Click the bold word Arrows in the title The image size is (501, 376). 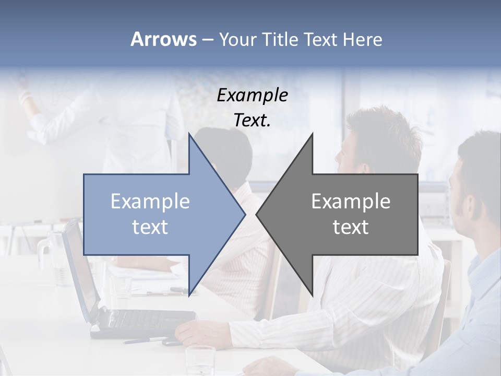pyautogui.click(x=163, y=39)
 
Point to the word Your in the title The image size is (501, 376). pyautogui.click(x=238, y=40)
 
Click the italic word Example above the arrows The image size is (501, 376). pyautogui.click(x=252, y=95)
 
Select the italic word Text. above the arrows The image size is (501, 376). pyautogui.click(x=252, y=121)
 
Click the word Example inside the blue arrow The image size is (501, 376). pyautogui.click(x=150, y=202)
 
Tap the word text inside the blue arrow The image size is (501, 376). pyautogui.click(x=150, y=227)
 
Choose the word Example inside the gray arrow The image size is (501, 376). pyautogui.click(x=351, y=202)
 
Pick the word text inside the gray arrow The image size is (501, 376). pyautogui.click(x=351, y=227)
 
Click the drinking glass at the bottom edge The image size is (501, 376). pyautogui.click(x=200, y=360)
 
